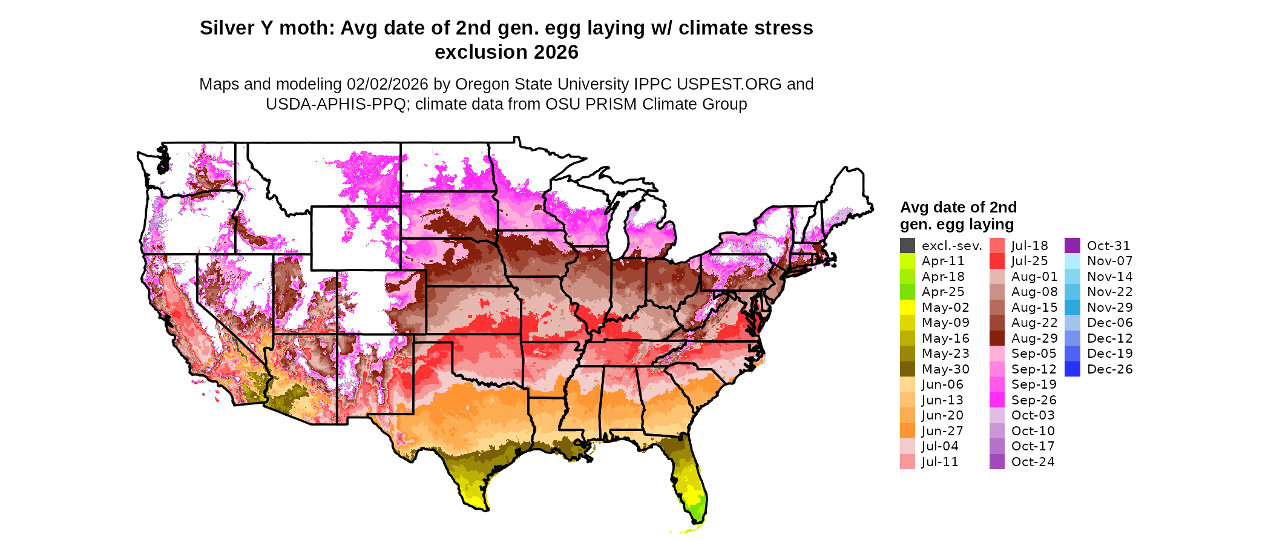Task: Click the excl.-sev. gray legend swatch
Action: (x=907, y=246)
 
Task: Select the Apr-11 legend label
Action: (x=943, y=261)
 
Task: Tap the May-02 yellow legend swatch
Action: (x=907, y=308)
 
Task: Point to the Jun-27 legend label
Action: (x=943, y=431)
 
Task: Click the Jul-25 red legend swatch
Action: (x=997, y=261)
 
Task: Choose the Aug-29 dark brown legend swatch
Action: (x=997, y=338)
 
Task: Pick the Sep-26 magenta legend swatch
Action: (x=997, y=400)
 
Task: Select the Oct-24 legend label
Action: (x=1033, y=462)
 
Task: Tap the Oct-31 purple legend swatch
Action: (x=1072, y=246)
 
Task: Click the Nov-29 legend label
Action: (x=1109, y=308)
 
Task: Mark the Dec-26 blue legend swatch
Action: (x=1072, y=369)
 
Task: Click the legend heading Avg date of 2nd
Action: (x=958, y=207)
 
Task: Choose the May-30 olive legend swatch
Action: (x=907, y=369)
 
